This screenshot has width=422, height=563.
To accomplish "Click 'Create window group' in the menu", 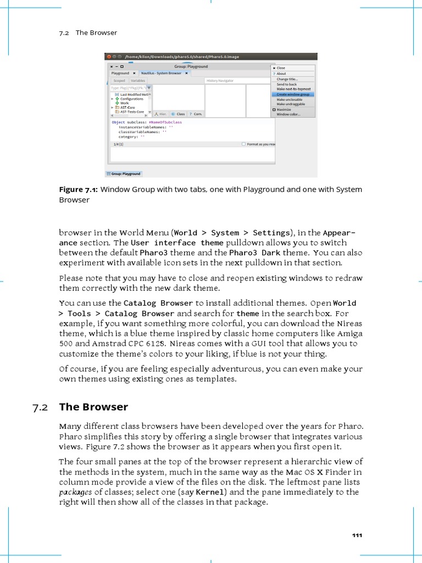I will (293, 94).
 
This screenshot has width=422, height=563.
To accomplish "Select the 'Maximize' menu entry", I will (284, 109).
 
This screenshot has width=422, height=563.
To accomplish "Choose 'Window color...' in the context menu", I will (288, 114).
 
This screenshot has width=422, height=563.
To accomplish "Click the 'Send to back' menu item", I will (286, 84).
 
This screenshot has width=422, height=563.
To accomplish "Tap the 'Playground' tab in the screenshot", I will (120, 73).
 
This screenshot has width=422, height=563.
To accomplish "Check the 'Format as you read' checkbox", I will (244, 144).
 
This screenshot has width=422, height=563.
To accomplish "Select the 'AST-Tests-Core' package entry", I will (132, 112).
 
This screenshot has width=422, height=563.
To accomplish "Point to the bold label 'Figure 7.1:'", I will (79, 190).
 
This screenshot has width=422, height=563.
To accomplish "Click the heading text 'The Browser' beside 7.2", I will (93, 407).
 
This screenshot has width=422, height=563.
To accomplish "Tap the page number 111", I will (357, 536).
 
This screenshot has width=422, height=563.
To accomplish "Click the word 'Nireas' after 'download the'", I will (350, 324).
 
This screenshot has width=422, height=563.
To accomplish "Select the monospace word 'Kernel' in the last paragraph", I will (208, 492).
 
